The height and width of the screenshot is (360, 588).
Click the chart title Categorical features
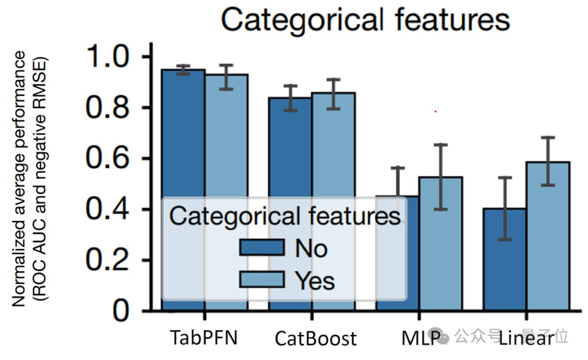365,20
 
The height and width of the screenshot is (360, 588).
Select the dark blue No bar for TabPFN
183,136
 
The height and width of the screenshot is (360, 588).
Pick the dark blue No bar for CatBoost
290,152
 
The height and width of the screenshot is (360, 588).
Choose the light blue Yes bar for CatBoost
333,152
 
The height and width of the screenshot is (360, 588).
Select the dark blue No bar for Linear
505,261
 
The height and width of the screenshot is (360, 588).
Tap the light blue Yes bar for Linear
548,240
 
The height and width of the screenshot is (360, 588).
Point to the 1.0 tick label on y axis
112,57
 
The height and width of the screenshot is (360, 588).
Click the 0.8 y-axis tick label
112,108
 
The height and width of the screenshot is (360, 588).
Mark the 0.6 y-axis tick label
112,159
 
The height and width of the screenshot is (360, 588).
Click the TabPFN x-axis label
204,338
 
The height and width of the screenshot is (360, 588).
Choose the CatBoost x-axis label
316,339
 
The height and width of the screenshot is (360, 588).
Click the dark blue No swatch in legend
262,247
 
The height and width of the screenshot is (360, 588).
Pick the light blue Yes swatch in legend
262,279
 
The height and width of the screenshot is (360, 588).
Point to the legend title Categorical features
285,216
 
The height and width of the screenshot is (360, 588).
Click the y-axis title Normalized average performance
20,180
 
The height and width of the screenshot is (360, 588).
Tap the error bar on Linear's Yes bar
548,161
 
